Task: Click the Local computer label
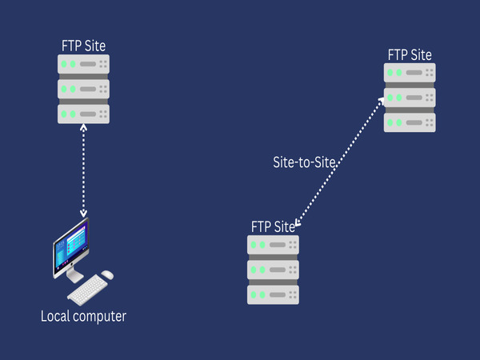pyautogui.click(x=83, y=317)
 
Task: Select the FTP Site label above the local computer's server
pyautogui.click(x=83, y=46)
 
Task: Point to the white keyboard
pyautogui.click(x=94, y=286)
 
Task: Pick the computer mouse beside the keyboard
pyautogui.click(x=107, y=274)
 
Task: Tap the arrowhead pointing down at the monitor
pyautogui.click(x=83, y=213)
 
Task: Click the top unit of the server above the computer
pyautogui.click(x=83, y=64)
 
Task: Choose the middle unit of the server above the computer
pyautogui.click(x=83, y=88)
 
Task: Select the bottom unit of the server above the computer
pyautogui.click(x=83, y=113)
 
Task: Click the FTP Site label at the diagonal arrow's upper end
pyautogui.click(x=410, y=54)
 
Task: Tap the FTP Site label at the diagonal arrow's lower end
pyautogui.click(x=273, y=226)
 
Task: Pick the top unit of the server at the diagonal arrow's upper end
pyautogui.click(x=410, y=73)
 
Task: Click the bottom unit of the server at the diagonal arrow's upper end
pyautogui.click(x=410, y=122)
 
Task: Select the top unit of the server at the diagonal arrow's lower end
pyautogui.click(x=273, y=245)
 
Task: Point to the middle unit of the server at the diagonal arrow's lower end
pyautogui.click(x=273, y=270)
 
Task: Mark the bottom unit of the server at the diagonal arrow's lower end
pyautogui.click(x=273, y=294)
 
